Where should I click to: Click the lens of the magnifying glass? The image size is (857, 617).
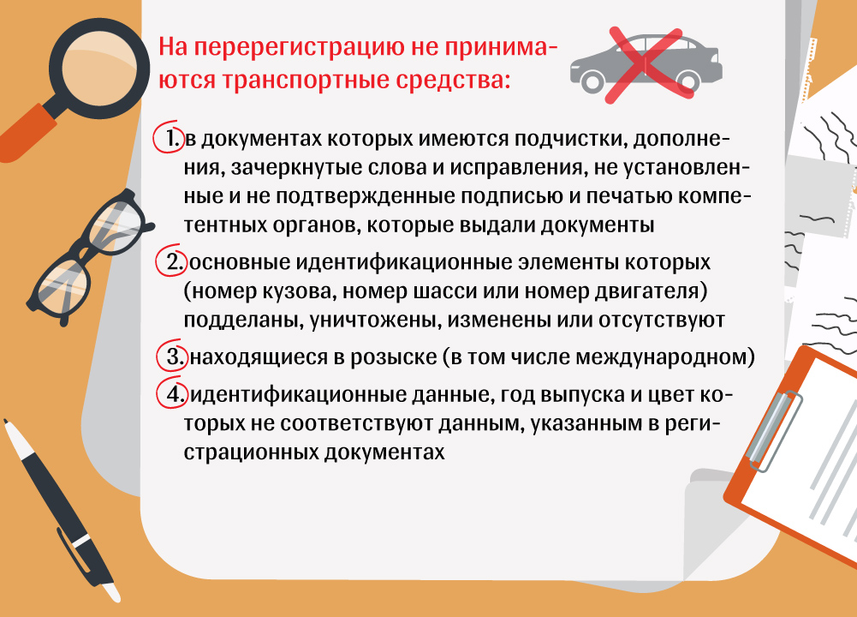point(98,68)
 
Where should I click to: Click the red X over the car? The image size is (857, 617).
point(645,64)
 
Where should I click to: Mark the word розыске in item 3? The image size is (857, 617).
point(394,357)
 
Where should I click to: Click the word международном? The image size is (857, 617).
point(661,357)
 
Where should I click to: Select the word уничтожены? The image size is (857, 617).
point(376,320)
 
